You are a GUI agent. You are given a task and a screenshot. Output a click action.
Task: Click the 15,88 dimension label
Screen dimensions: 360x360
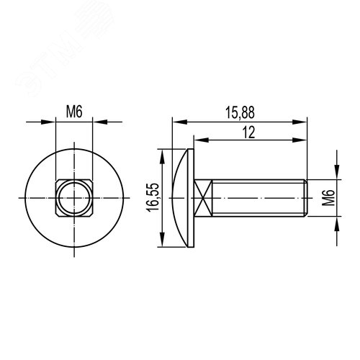tap(240, 112)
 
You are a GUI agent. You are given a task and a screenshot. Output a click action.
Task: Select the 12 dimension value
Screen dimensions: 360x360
tap(248, 132)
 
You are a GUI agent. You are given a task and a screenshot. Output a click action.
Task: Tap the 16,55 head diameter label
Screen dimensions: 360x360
tap(153, 197)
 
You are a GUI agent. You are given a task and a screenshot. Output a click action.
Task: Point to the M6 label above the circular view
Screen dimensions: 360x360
tap(74, 112)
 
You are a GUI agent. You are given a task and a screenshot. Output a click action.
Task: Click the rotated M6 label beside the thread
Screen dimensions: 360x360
tap(328, 197)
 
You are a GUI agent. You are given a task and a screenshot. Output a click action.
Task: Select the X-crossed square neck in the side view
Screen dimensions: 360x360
tap(204, 198)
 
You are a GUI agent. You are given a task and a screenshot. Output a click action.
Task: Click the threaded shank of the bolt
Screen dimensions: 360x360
tap(258, 198)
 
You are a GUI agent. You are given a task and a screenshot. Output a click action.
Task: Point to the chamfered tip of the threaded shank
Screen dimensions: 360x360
tap(306, 198)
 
